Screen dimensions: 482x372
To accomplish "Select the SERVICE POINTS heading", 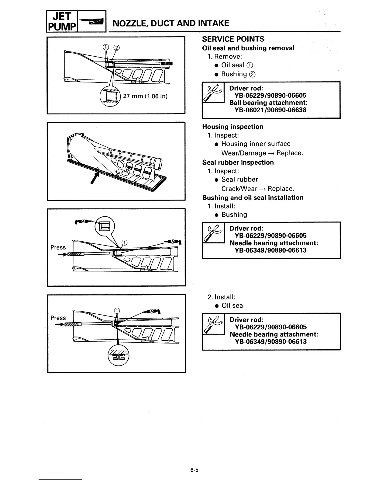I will (233, 39).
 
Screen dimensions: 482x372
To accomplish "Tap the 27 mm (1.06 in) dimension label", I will (145, 96).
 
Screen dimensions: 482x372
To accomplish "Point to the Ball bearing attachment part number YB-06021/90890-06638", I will (270, 110).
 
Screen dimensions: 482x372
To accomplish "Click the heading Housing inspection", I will (233, 127).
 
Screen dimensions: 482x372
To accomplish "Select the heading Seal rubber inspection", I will (238, 162).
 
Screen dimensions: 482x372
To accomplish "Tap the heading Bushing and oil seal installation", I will (253, 198).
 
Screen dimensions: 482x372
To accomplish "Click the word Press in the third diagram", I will (58, 248).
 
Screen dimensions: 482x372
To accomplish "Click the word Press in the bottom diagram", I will (58, 318).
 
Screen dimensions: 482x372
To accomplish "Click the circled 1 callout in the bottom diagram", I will (117, 311).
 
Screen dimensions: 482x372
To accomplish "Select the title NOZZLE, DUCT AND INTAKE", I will (171, 23).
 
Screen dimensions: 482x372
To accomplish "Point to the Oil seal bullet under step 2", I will (233, 306).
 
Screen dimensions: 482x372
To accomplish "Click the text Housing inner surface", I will (256, 144).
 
